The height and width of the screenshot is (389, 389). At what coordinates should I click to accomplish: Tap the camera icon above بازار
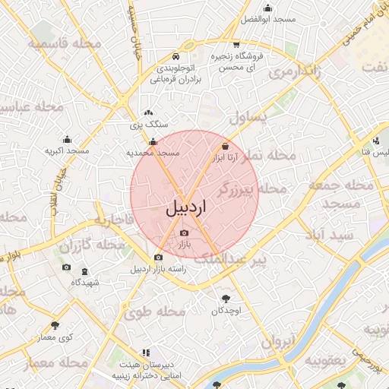[184, 233]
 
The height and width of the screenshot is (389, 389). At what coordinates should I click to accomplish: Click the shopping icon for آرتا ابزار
[225, 147]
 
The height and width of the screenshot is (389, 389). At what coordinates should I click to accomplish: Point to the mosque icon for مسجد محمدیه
[153, 141]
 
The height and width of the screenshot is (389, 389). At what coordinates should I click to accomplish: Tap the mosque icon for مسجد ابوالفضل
[267, 8]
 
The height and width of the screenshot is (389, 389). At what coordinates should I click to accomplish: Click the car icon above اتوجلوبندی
[176, 57]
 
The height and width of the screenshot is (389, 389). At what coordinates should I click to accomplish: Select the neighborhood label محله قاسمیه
[66, 43]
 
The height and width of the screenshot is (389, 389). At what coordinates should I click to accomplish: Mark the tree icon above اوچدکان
[226, 299]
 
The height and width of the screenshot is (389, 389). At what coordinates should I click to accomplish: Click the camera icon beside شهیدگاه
[66, 268]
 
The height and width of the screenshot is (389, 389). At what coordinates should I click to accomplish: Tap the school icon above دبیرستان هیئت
[146, 353]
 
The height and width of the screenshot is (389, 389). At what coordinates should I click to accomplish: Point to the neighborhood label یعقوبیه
[339, 358]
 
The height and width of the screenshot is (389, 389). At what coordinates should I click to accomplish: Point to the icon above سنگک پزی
[148, 113]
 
